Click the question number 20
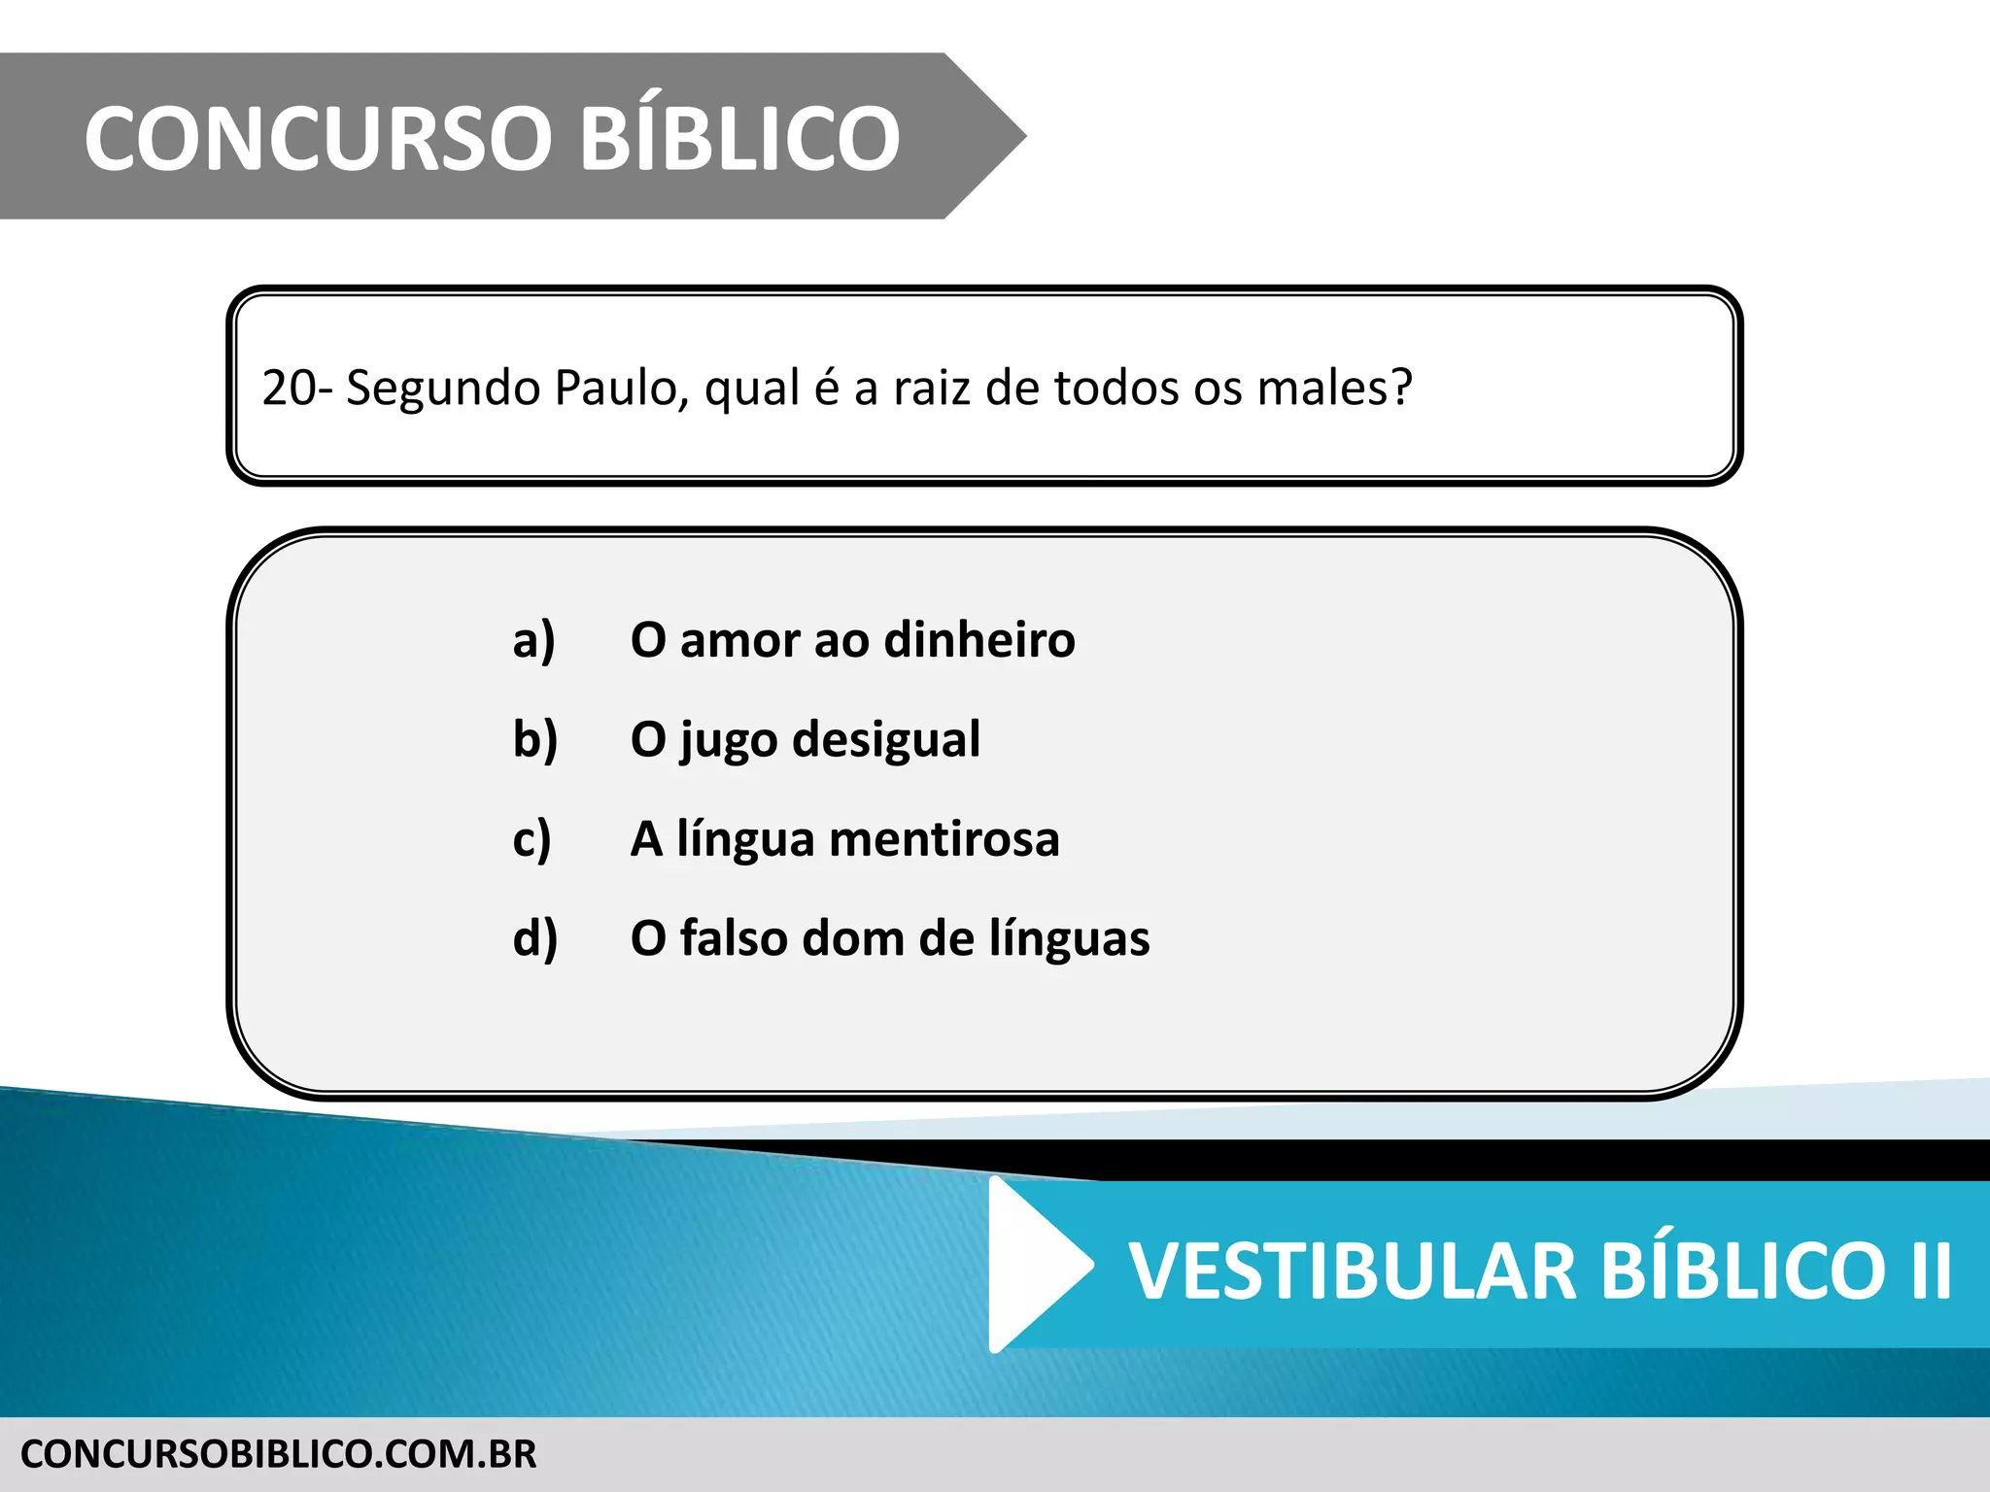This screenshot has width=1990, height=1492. [289, 389]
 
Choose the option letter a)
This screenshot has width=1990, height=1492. [533, 641]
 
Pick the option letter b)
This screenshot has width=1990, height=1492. [534, 740]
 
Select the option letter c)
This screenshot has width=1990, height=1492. [532, 840]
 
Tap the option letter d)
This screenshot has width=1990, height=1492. [534, 939]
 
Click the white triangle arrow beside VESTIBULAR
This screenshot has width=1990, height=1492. [1035, 1264]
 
